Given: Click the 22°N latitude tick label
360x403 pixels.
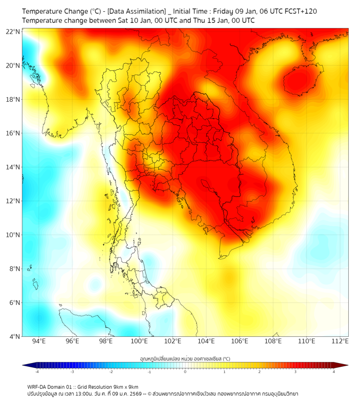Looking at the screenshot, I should pos(13,32).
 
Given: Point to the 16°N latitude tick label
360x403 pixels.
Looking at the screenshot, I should pos(13,133).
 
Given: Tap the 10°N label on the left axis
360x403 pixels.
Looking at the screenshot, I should pos(13,235).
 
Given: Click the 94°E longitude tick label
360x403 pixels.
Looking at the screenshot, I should pos(39,341).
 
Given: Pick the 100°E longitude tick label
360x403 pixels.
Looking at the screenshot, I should pos(139,341).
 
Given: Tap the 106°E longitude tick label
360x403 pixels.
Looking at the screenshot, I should pos(240,341).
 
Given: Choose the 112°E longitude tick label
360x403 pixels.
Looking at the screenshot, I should pos(340,341).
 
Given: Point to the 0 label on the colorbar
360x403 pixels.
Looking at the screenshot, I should pos(185,372).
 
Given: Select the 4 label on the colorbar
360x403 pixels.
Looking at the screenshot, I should pos(334,372).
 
